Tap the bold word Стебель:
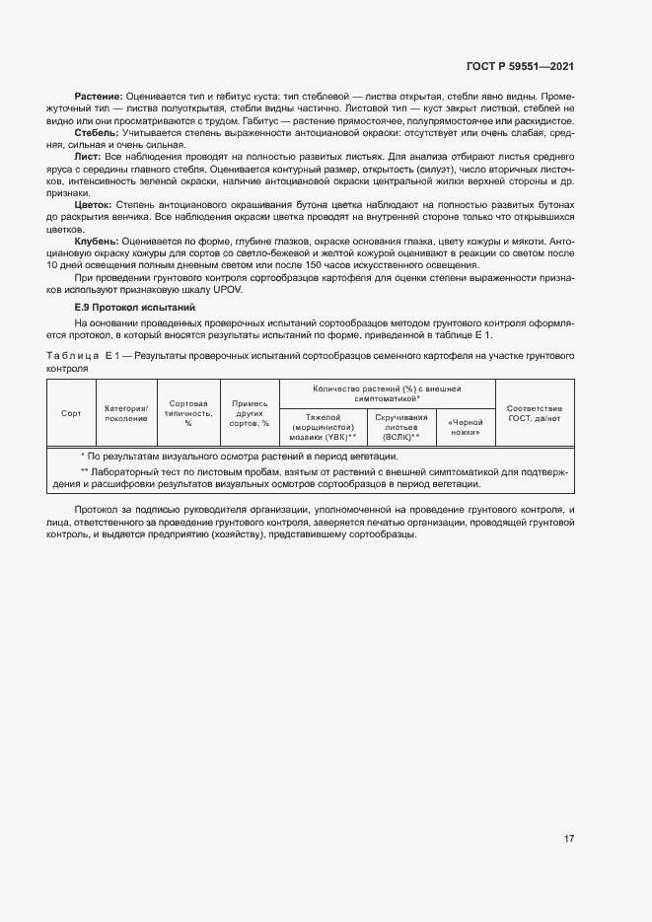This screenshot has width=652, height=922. coord(97,132)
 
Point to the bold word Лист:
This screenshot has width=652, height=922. coord(88,156)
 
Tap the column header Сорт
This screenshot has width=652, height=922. coord(71,413)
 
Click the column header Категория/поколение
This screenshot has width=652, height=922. coord(125,413)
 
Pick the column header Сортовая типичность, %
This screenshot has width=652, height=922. coord(187,413)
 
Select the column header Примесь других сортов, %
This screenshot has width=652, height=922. coord(250,413)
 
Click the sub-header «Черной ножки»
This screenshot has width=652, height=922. coord(465,427)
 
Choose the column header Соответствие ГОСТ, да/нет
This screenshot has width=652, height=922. coord(535,413)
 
